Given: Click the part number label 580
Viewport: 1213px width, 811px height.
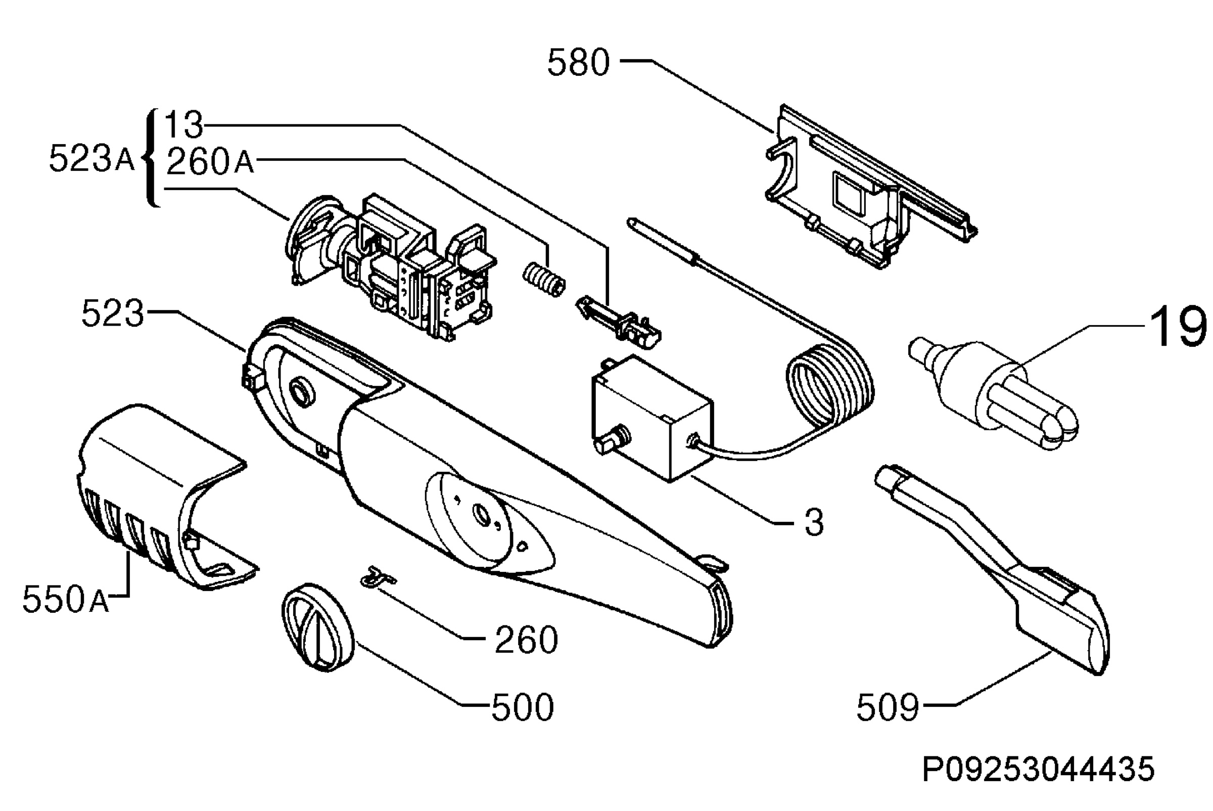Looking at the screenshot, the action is coord(579,63).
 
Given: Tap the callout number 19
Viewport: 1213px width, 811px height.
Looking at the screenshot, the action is coord(1176,326).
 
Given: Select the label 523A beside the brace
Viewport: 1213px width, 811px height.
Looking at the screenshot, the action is coord(91,158).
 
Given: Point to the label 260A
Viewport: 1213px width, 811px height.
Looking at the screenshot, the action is coord(210,161).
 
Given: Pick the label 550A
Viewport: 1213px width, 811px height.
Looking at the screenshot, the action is coord(66,600).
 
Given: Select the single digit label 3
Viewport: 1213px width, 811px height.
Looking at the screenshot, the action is coord(814,522).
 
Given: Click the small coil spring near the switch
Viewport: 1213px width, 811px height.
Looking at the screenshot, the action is coord(544,279).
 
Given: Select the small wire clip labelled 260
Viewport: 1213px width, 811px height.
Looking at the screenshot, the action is coord(379,577).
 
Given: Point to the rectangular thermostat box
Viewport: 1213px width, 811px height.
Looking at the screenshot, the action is coord(652,418).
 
